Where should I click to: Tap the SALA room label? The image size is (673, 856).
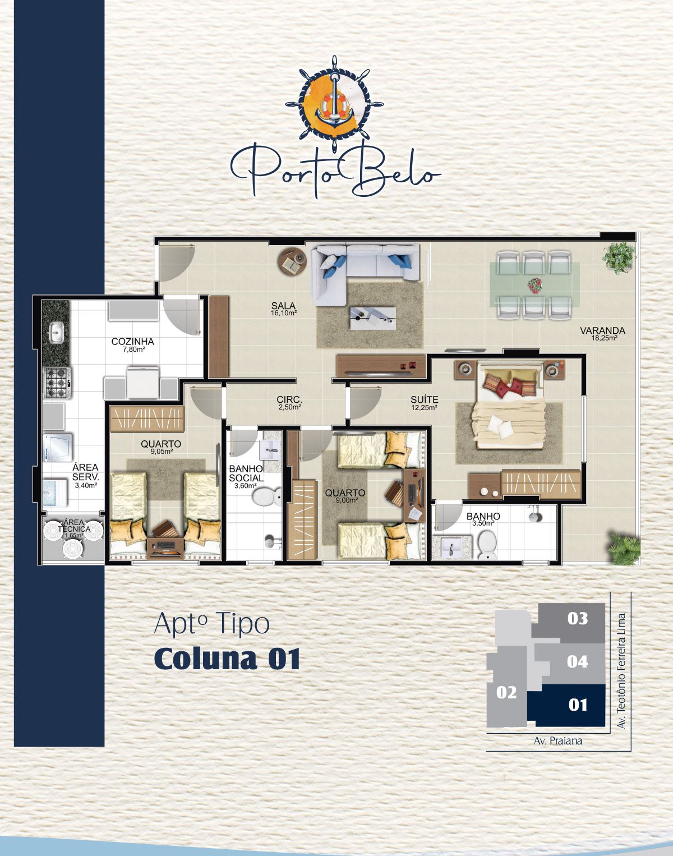click(x=283, y=306)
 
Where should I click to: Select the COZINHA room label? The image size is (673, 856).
click(x=133, y=341)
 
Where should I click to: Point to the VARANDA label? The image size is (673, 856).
click(x=602, y=330)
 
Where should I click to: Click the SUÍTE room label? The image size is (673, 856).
click(x=425, y=399)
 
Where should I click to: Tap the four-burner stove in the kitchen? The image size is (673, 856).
click(x=57, y=383)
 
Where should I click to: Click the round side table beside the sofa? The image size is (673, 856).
click(x=292, y=261)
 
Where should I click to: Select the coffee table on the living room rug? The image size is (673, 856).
click(x=373, y=318)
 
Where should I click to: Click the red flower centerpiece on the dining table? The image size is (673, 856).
click(x=534, y=285)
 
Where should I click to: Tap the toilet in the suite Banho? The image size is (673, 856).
click(x=487, y=544)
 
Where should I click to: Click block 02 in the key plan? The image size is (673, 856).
click(x=506, y=693)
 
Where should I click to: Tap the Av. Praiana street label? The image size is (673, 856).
click(x=557, y=741)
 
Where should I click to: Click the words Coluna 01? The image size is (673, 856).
click(x=227, y=659)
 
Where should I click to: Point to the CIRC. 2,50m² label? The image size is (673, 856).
click(x=289, y=403)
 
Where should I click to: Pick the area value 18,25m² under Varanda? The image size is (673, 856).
click(x=604, y=338)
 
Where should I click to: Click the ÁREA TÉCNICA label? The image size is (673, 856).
click(x=74, y=526)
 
